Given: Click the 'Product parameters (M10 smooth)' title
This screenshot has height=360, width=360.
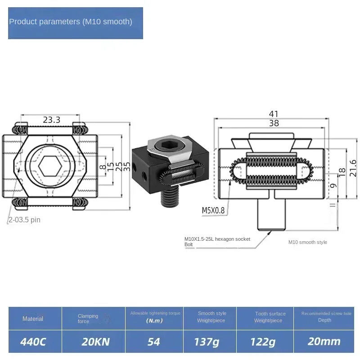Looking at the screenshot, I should (x=71, y=22).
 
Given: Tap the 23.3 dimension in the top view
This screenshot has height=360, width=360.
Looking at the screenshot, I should (x=52, y=120).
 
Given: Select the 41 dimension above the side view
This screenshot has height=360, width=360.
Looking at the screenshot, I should (x=274, y=114).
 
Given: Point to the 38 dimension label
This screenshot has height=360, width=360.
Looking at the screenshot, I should (x=274, y=123).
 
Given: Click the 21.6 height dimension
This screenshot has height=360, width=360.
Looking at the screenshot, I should (x=353, y=167).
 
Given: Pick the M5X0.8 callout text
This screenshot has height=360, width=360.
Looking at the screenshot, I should (x=213, y=210).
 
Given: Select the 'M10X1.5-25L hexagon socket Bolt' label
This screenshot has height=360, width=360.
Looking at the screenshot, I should (x=217, y=242).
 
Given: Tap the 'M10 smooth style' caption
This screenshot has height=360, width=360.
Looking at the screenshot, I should (x=308, y=242).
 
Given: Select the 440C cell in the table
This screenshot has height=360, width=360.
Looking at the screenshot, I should (x=33, y=342).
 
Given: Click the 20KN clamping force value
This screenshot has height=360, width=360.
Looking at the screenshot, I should (x=95, y=342).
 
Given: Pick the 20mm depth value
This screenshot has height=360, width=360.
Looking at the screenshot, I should (x=324, y=342).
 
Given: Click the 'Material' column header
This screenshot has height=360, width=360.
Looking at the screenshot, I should (x=33, y=319).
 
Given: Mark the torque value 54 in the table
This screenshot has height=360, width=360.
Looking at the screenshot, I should (x=154, y=342).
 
